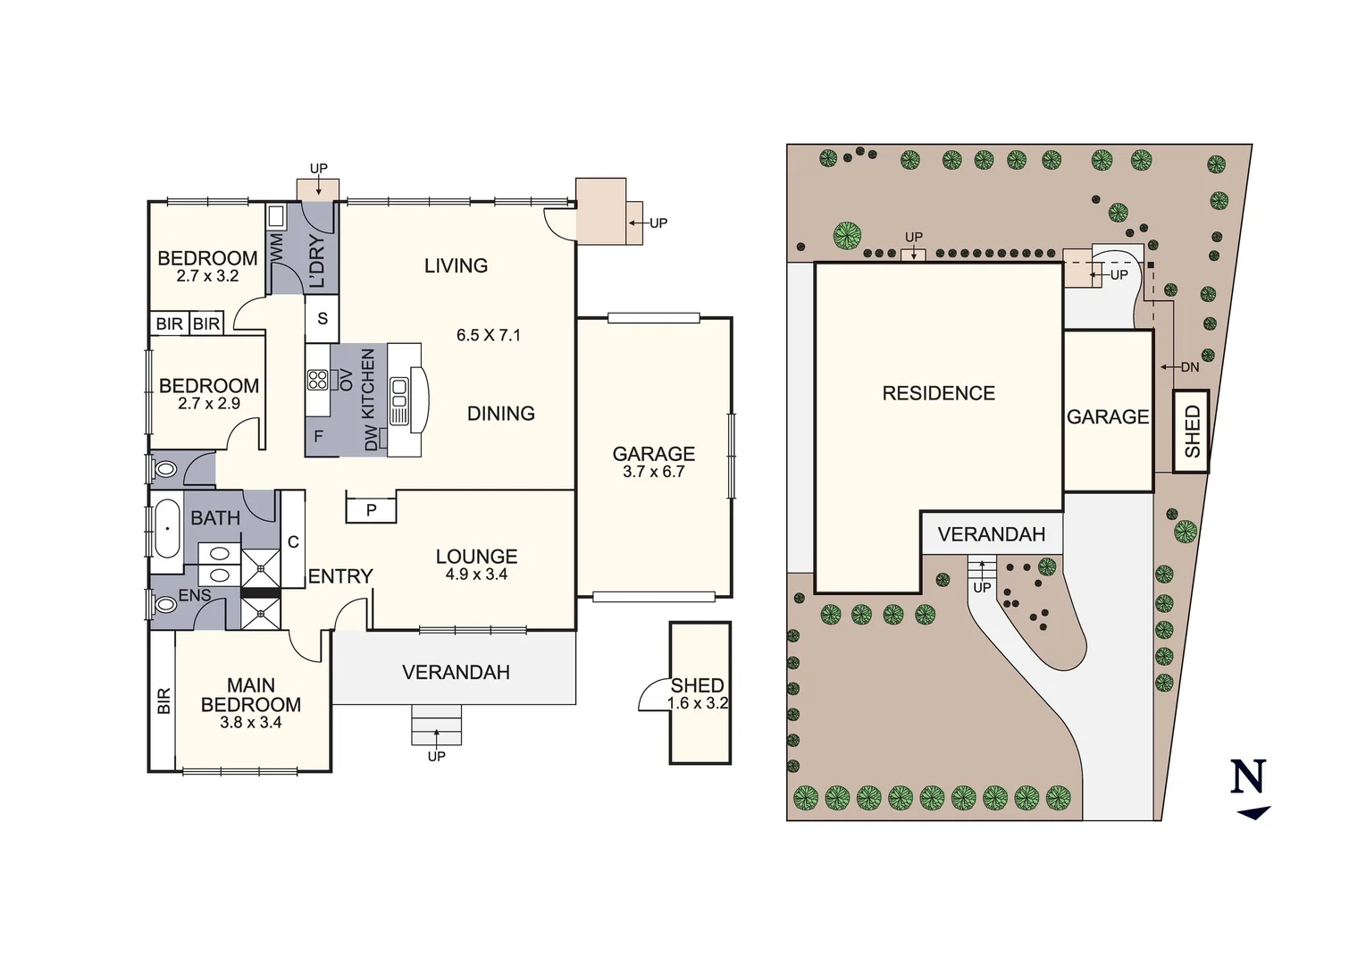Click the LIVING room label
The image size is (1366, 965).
pyautogui.click(x=456, y=265)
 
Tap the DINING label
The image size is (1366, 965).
pyautogui.click(x=500, y=414)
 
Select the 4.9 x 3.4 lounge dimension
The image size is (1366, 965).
pyautogui.click(x=476, y=575)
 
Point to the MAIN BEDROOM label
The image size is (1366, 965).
pyautogui.click(x=251, y=695)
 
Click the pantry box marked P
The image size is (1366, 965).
pyautogui.click(x=371, y=510)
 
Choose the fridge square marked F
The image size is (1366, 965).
pyautogui.click(x=318, y=437)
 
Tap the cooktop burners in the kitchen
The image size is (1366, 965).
pyautogui.click(x=317, y=380)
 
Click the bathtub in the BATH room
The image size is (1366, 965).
pyautogui.click(x=167, y=529)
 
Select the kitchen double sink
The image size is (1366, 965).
pyautogui.click(x=398, y=401)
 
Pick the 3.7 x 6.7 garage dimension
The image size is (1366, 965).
pyautogui.click(x=653, y=472)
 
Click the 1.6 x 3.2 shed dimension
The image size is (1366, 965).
pyautogui.click(x=698, y=703)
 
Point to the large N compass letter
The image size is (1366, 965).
pyautogui.click(x=1248, y=776)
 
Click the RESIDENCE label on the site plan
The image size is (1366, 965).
pyautogui.click(x=938, y=393)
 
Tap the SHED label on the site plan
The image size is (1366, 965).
pyautogui.click(x=1192, y=432)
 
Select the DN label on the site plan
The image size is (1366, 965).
pyautogui.click(x=1189, y=367)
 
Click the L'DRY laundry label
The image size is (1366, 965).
pyautogui.click(x=317, y=262)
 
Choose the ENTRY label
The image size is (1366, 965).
pyautogui.click(x=340, y=576)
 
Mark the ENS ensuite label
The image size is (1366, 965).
pyautogui.click(x=195, y=595)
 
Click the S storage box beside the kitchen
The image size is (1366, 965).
pyautogui.click(x=323, y=318)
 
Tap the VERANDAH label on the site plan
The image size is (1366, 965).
pyautogui.click(x=991, y=534)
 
